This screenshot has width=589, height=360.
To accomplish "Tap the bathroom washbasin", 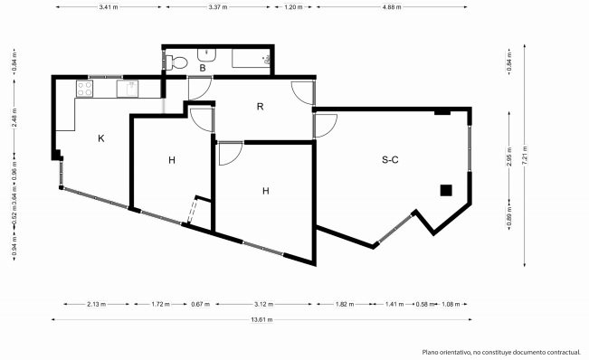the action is [x=206, y=55].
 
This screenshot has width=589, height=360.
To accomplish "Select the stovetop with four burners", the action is [x=84, y=89].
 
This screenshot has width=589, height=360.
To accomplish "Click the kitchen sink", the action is [x=128, y=89].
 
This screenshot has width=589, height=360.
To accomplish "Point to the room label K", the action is [x=101, y=138].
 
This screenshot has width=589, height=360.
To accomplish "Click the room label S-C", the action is [x=390, y=160].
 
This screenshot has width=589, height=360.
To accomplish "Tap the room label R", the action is [x=260, y=107].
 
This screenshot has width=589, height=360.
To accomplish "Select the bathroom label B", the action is [x=203, y=69].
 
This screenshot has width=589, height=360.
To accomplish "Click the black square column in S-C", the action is [x=446, y=190].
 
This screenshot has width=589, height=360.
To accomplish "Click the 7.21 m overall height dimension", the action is [x=525, y=155].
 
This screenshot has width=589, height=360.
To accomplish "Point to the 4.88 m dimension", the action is [x=392, y=6].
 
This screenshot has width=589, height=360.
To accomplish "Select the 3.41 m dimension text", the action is [x=109, y=6].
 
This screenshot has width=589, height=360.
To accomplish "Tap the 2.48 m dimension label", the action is [x=14, y=118].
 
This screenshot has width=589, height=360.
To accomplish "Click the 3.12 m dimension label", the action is [x=263, y=304].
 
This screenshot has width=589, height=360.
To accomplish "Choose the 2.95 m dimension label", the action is [x=509, y=156].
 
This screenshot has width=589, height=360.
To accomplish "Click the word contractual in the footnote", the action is [x=562, y=352].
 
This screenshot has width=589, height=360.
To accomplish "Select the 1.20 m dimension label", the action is [x=293, y=6].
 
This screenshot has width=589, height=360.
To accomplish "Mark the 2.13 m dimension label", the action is [x=96, y=304].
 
